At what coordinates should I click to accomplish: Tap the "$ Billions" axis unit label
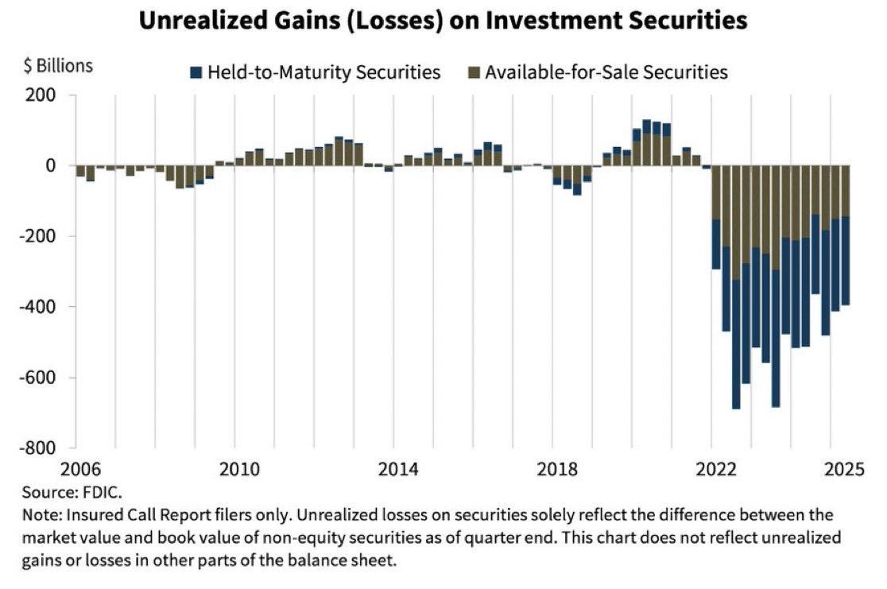point(57,66)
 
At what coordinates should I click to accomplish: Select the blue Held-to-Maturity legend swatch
point(196,73)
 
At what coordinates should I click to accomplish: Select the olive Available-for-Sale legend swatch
point(474,73)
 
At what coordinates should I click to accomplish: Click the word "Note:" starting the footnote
point(41,515)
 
